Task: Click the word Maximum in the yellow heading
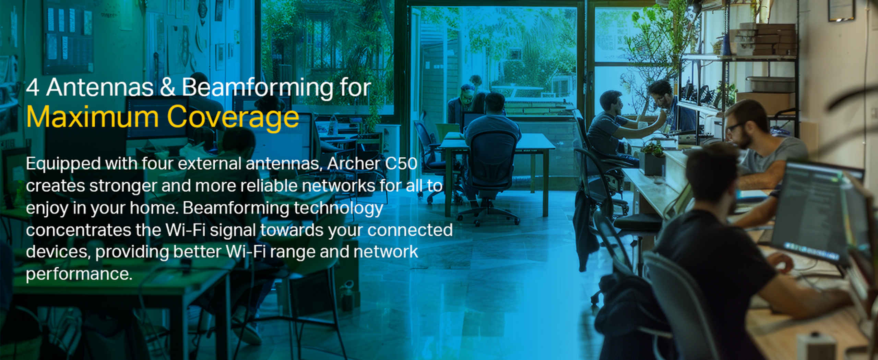92,117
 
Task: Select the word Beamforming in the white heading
257,88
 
